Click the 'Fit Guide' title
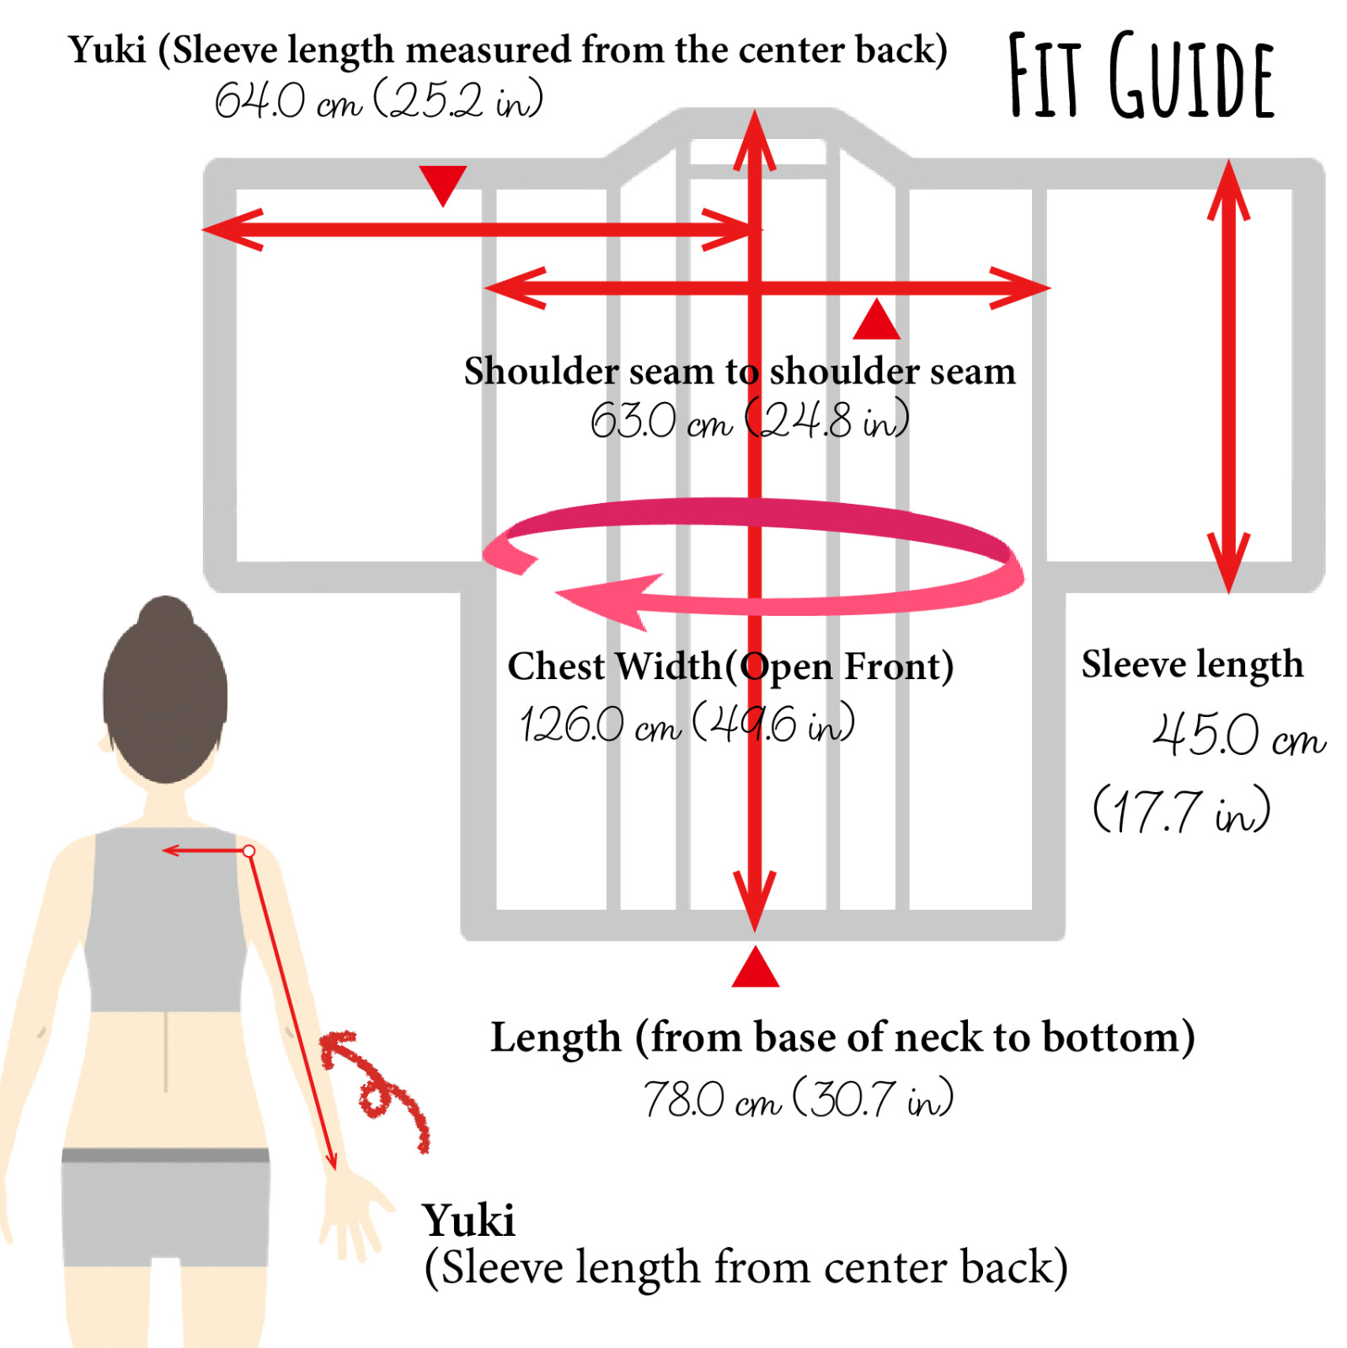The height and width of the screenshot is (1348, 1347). click(1141, 76)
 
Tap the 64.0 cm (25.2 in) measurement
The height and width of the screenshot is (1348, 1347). click(378, 101)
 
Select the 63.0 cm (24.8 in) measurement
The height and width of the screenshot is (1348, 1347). click(749, 419)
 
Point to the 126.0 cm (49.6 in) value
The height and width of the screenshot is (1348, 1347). click(687, 723)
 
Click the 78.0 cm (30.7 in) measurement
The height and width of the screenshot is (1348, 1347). click(798, 1098)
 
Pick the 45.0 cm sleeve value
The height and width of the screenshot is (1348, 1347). click(1238, 735)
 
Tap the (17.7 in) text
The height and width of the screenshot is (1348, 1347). click(1181, 810)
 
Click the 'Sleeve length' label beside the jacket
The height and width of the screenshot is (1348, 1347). click(1192, 665)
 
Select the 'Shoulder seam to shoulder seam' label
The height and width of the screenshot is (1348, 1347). click(740, 371)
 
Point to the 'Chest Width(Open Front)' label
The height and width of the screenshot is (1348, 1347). click(730, 666)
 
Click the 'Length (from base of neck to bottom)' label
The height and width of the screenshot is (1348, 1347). click(842, 1036)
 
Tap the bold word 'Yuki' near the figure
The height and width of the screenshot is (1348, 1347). click(468, 1220)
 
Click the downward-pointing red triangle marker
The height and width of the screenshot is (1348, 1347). click(443, 183)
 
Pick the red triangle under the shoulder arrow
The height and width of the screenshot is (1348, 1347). click(876, 321)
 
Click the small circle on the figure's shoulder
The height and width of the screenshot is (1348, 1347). click(249, 852)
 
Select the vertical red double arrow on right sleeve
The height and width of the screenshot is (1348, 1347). click(1229, 376)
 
